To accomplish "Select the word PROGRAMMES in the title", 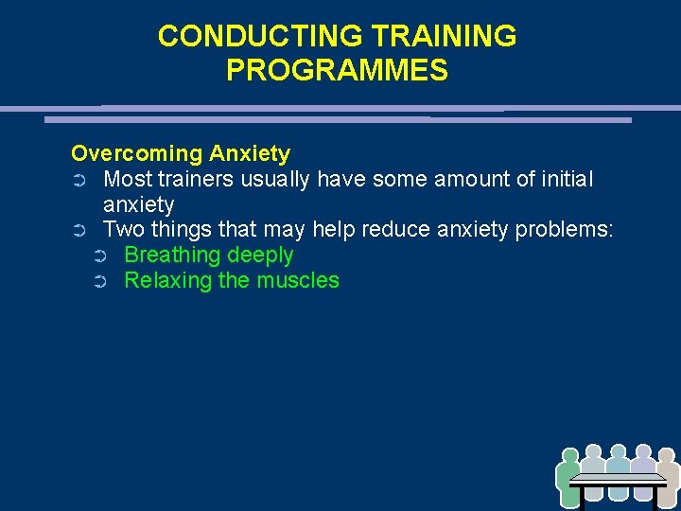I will pos(338,71).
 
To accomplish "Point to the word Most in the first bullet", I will pos(128,179).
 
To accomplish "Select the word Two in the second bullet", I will pos(122,230).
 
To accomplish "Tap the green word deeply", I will pos(260,255).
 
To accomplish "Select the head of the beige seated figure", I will pos(668,455).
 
